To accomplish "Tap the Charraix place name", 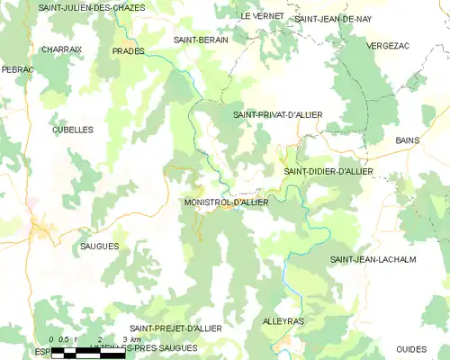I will [x=62, y=49].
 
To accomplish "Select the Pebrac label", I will [x=17, y=68].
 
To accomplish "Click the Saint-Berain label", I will [x=201, y=40].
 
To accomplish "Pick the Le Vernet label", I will [x=262, y=16].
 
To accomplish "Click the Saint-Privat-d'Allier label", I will [x=277, y=114].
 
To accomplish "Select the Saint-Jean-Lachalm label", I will [x=372, y=260].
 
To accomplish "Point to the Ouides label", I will [x=411, y=348].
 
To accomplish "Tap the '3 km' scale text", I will [x=130, y=339].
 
